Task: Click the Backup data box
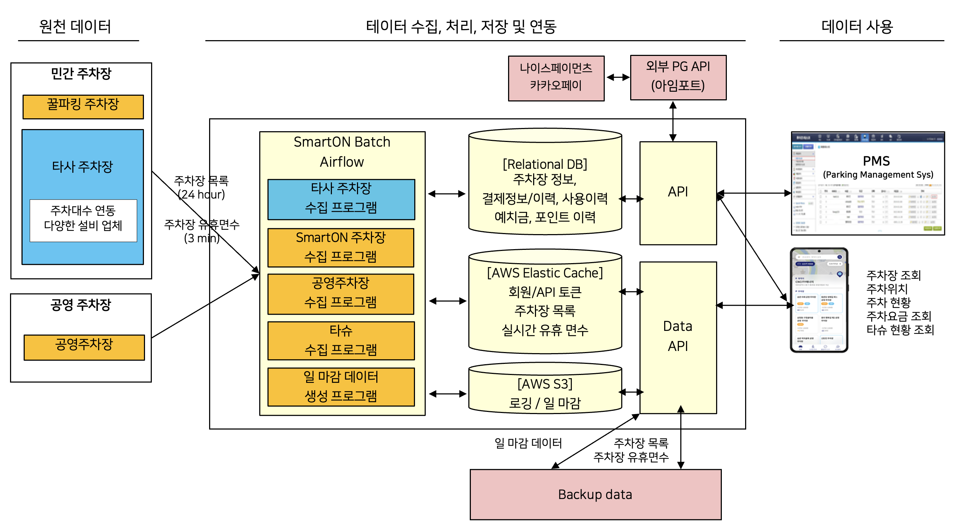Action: [595, 494]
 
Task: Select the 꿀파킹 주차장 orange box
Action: [83, 106]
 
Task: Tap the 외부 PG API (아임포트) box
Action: [678, 77]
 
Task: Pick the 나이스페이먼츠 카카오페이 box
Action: [556, 78]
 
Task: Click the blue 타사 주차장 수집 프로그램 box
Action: [341, 199]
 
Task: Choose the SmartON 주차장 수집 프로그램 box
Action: [341, 247]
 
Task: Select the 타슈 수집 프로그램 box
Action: [341, 340]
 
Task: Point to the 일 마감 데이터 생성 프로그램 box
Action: [341, 386]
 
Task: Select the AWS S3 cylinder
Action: [545, 390]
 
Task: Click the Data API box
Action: [678, 336]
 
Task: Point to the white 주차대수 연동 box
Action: [83, 220]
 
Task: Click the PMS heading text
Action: [876, 161]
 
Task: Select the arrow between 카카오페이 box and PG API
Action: [618, 77]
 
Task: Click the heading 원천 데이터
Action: [75, 27]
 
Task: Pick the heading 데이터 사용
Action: [857, 27]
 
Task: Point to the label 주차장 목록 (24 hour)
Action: [202, 187]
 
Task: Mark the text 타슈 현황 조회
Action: [900, 329]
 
